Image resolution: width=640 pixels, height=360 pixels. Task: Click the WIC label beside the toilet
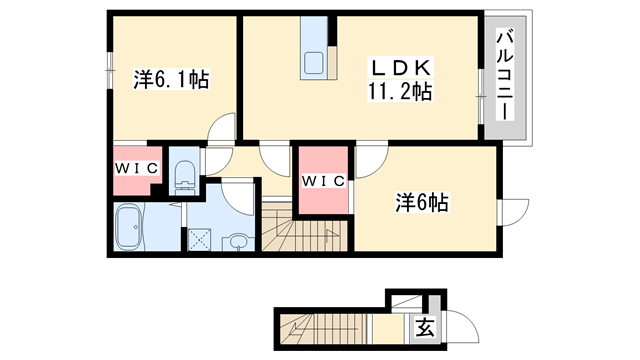tap(135, 168)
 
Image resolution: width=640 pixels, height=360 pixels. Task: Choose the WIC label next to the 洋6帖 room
tap(323, 181)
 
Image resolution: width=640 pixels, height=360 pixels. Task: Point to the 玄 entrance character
tap(424, 327)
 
